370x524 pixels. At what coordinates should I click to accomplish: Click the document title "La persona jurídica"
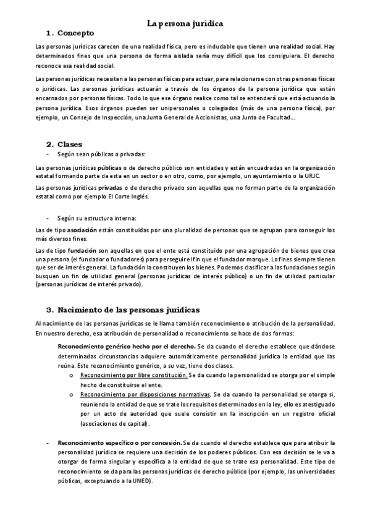(185, 23)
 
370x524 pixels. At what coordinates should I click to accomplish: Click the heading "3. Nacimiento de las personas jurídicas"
(124, 309)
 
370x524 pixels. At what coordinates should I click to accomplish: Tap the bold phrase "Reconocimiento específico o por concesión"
(119, 443)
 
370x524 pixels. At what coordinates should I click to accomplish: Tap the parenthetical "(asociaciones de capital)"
(115, 424)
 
